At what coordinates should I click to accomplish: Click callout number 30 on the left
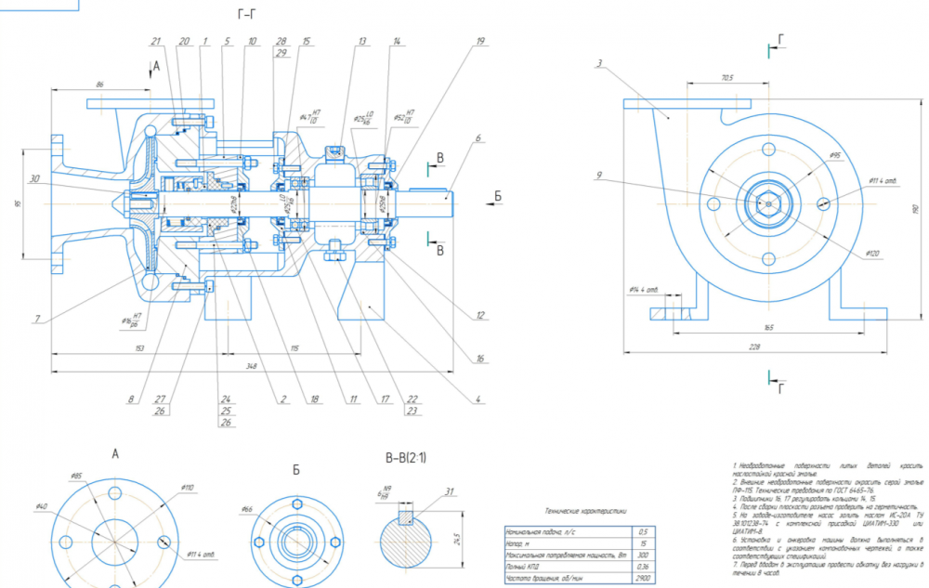[34, 179]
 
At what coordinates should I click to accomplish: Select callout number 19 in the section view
[480, 42]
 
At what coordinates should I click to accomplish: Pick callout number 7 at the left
[37, 320]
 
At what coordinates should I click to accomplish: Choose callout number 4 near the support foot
[478, 400]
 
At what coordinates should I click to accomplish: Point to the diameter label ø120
[871, 253]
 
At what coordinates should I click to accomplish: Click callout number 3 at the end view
[600, 63]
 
